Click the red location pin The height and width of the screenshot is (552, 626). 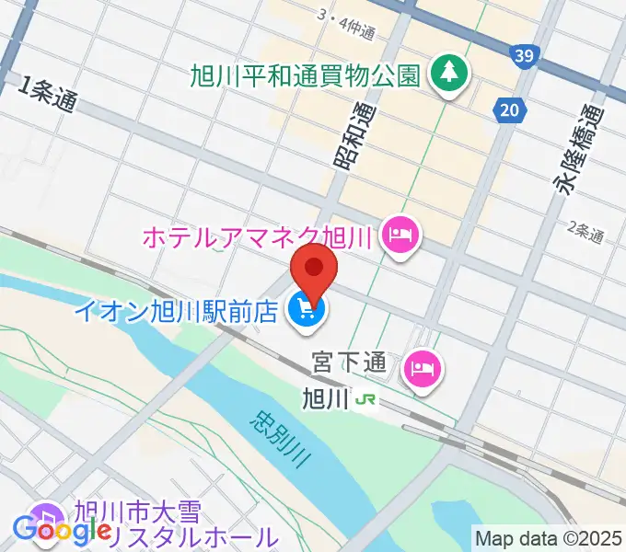point(314,268)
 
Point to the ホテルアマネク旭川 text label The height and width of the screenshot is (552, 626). point(257,237)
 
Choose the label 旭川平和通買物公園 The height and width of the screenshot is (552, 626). point(306,73)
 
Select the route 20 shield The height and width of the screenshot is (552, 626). point(509,111)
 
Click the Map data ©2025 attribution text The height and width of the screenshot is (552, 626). point(549,537)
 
